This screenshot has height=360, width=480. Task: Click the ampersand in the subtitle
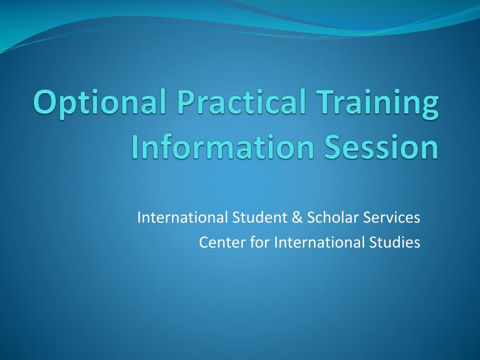(298, 217)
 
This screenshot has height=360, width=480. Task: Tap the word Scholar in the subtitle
(332, 217)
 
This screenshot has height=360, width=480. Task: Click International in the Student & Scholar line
(182, 217)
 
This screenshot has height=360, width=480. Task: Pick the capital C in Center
(203, 242)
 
